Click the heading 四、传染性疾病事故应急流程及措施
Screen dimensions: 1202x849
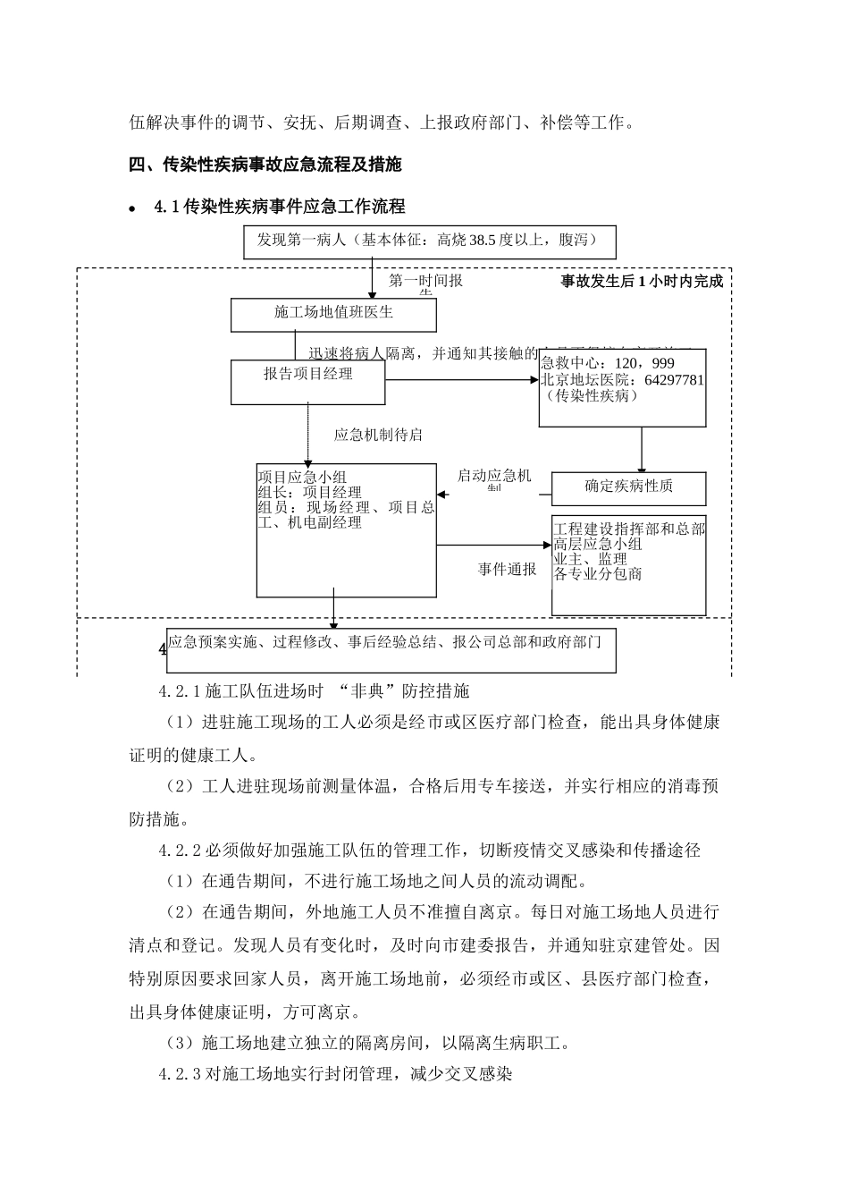tap(265, 165)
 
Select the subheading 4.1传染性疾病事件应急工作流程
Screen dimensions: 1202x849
tap(279, 207)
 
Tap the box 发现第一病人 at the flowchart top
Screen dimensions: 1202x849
tap(429, 241)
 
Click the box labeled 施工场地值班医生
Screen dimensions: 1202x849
tap(333, 314)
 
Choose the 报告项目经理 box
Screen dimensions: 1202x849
tap(308, 374)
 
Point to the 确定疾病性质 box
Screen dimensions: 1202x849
tap(628, 487)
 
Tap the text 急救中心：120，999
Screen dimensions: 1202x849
tap(608, 364)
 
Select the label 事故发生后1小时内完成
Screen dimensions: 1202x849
tap(642, 281)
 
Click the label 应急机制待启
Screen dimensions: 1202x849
tap(378, 435)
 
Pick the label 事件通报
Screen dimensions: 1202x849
tap(508, 570)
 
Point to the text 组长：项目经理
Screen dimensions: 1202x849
tap(309, 492)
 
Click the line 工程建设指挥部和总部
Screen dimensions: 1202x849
tap(629, 529)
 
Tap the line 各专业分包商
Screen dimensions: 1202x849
tap(597, 574)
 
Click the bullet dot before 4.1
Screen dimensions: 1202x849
tap(132, 208)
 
